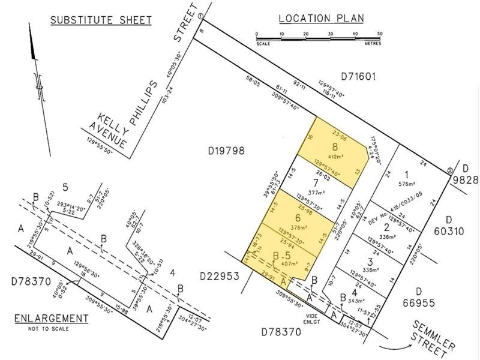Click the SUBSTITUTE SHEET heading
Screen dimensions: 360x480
[x=100, y=20]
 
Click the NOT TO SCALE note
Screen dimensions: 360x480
[x=49, y=328]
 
